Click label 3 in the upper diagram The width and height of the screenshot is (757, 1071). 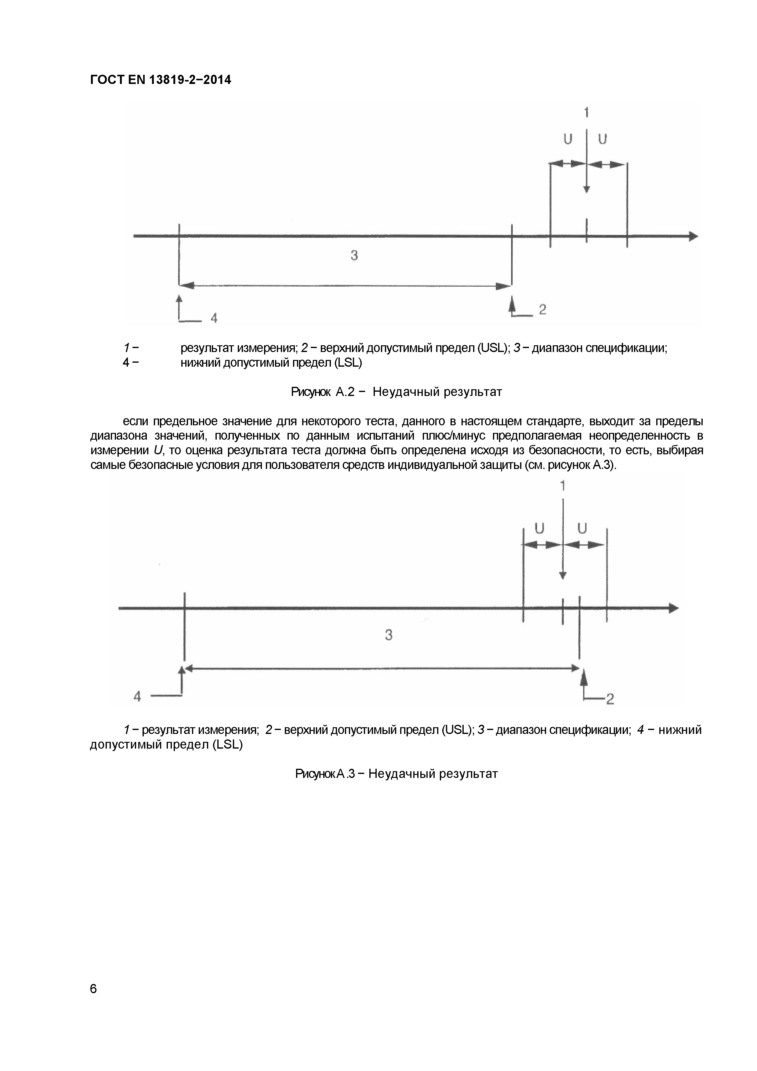tap(354, 255)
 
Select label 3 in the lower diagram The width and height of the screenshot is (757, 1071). tap(389, 635)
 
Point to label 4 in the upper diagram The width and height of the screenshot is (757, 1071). tap(214, 318)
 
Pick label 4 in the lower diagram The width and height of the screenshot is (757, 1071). tap(137, 696)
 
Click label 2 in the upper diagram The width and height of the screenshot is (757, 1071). tap(542, 309)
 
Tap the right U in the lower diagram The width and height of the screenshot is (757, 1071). tap(582, 528)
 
